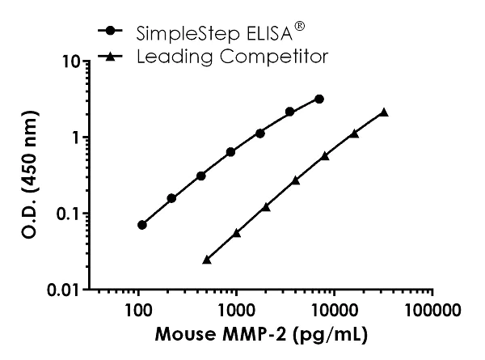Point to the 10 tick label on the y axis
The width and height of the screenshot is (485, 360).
pyautogui.click(x=69, y=61)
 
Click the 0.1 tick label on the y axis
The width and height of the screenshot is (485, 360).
pyautogui.click(x=65, y=214)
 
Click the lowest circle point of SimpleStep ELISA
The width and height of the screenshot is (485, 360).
pyautogui.click(x=142, y=225)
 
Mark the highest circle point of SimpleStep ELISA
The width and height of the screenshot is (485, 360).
pyautogui.click(x=319, y=99)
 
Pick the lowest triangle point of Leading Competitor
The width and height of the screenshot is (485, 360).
pyautogui.click(x=207, y=259)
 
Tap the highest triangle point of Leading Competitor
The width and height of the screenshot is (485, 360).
pyautogui.click(x=384, y=112)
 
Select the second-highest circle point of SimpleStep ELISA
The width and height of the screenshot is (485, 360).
pyautogui.click(x=289, y=112)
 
